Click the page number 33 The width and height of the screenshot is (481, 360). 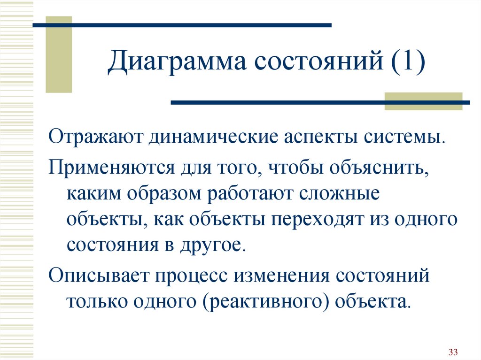click(453, 352)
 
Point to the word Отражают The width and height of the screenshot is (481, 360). click(96, 137)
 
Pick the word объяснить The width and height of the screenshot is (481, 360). click(379, 168)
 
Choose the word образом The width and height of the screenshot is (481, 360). click(164, 194)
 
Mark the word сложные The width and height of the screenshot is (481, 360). click(340, 194)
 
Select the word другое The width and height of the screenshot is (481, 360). click(213, 245)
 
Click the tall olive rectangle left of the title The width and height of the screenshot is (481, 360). click(59, 54)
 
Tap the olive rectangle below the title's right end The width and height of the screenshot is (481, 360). click(423, 101)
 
